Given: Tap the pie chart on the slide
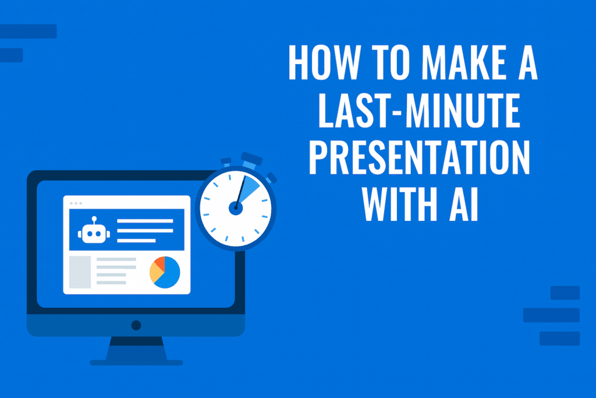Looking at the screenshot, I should pos(165,272).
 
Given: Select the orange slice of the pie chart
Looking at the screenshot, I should pos(159,263).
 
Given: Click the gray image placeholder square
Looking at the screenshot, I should pos(80,272).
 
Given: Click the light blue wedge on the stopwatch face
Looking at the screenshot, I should pos(248,186).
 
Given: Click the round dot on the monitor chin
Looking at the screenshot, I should pos(136,325).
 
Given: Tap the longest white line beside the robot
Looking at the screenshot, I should pos(146,221).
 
